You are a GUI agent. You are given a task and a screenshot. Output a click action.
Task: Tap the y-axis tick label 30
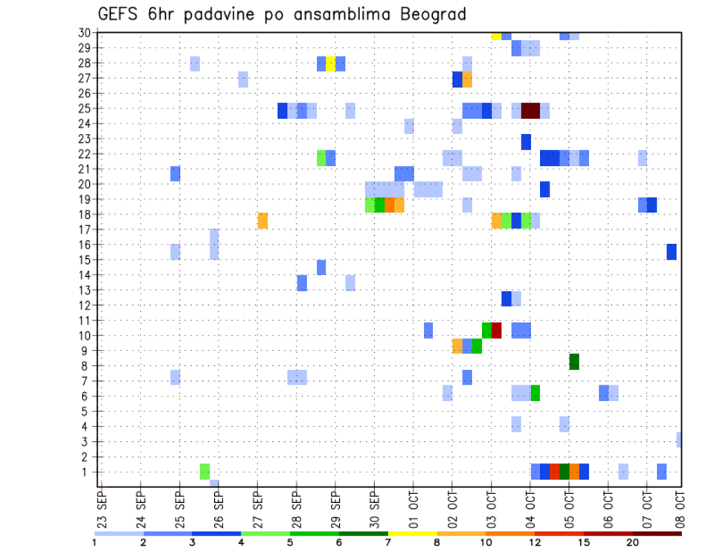(x=83, y=33)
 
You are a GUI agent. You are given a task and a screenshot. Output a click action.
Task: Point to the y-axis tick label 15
(x=83, y=260)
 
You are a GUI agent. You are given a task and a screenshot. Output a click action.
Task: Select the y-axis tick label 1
(x=86, y=472)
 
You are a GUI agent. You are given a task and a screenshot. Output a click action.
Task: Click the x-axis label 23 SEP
(x=102, y=508)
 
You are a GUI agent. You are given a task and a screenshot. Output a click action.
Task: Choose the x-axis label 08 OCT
(x=680, y=508)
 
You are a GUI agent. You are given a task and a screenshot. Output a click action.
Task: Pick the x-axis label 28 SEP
(x=296, y=508)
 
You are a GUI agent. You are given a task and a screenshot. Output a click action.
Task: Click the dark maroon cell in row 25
(x=530, y=111)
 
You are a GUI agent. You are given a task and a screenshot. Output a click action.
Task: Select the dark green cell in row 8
(x=574, y=362)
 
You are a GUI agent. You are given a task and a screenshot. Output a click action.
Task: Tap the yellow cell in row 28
(x=331, y=63)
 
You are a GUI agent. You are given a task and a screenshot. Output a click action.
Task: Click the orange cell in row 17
(x=263, y=221)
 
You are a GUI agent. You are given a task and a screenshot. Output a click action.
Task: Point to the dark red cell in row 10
(x=497, y=330)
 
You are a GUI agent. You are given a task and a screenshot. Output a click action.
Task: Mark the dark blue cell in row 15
(x=672, y=251)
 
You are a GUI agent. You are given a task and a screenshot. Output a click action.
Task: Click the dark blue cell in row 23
(x=526, y=141)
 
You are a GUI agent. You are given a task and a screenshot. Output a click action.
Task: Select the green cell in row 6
(x=535, y=393)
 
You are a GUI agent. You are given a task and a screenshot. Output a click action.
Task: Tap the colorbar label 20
(x=632, y=542)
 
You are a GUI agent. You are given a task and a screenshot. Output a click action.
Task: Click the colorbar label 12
(x=535, y=542)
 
